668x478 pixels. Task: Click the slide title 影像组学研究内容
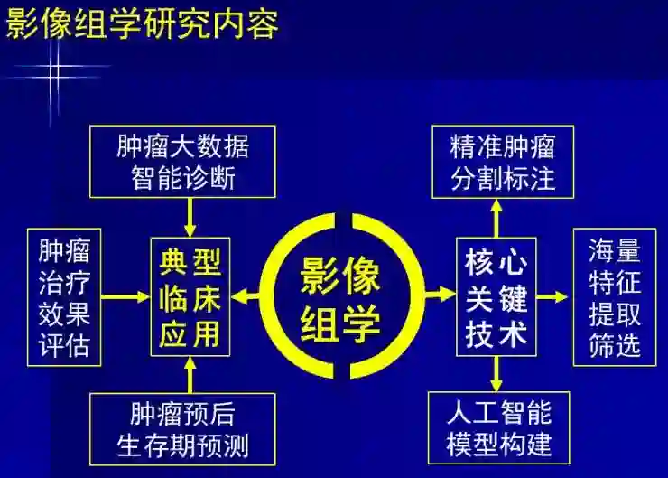tap(142, 23)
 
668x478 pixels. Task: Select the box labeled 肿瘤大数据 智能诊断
tap(183, 161)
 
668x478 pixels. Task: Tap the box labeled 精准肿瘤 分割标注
tap(501, 161)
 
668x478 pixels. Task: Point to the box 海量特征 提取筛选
tap(614, 296)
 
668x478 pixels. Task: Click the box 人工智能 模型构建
tap(499, 428)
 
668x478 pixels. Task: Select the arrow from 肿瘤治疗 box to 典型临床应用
tap(125, 296)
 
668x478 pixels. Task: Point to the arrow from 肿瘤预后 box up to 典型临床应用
tap(190, 373)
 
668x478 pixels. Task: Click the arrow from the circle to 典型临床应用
tap(246, 296)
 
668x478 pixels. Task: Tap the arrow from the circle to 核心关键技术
tap(441, 295)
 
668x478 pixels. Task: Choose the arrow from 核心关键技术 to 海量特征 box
tap(552, 296)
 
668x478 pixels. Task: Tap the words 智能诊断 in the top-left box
tap(183, 177)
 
